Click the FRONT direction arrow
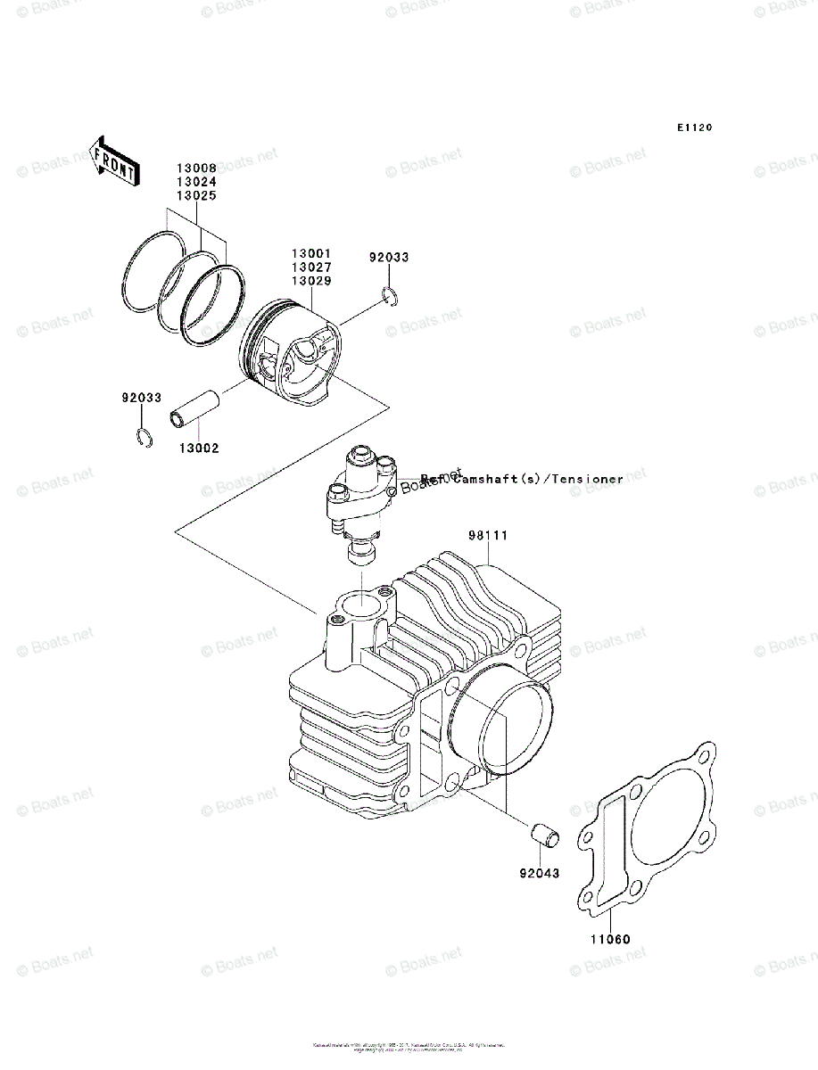coord(114,161)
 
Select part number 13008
coord(195,168)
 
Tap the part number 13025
coord(195,194)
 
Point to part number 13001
coord(310,254)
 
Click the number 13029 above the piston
coord(310,281)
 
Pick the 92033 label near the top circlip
coord(389,258)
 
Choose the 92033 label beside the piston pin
coord(142,398)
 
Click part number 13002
coord(198,449)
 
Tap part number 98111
coord(488,536)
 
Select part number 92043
coord(540,873)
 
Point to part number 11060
coord(609,939)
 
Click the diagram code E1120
coord(693,128)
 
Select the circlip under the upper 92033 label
coord(391,296)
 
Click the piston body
coord(294,357)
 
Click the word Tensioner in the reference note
coord(587,480)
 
